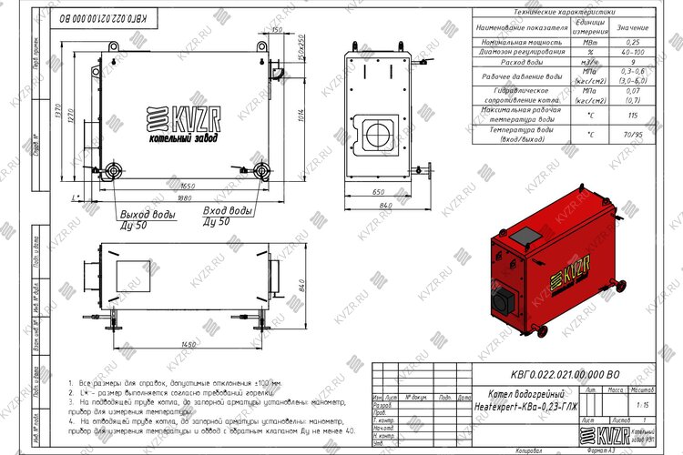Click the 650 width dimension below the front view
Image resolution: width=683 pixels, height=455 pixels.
pos(378,194)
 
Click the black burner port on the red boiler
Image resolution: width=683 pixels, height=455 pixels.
pos(503,300)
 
